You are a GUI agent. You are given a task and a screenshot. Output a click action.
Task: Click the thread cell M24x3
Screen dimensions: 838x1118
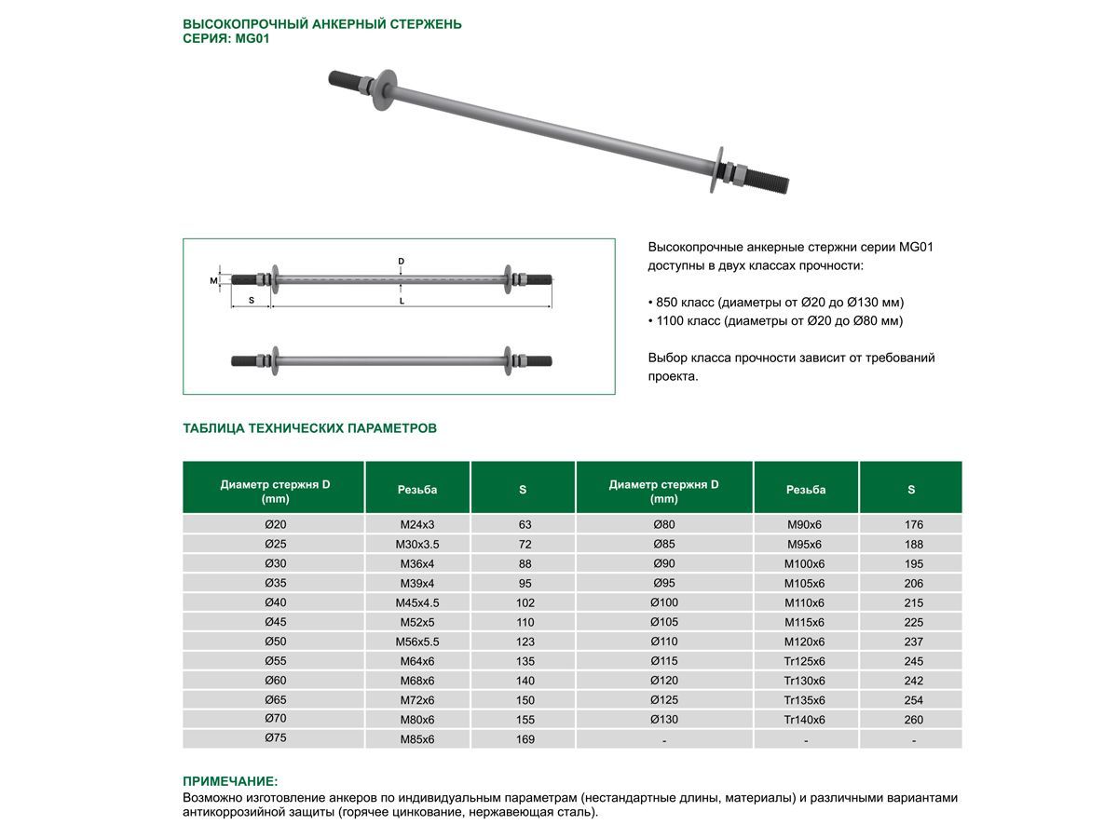point(416,524)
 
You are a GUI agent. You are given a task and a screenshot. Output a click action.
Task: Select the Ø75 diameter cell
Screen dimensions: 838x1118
point(275,738)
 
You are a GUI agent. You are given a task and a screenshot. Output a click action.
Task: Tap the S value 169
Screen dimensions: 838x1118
point(525,739)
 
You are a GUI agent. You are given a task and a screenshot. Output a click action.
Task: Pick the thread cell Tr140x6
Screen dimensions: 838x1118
point(805,720)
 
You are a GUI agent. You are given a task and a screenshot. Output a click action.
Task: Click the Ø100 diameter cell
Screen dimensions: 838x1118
point(664,602)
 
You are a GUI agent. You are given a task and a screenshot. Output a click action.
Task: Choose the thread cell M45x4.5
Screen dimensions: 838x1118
point(416,602)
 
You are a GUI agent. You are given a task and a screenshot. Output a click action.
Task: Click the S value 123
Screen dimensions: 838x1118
point(525,642)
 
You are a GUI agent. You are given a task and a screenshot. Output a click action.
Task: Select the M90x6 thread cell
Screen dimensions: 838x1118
point(805,524)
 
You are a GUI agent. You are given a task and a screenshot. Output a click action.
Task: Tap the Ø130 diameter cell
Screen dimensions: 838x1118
point(664,720)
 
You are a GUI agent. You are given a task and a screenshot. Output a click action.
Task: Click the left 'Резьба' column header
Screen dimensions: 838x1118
point(416,490)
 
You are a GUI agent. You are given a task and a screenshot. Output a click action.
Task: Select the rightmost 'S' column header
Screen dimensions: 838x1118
point(911,490)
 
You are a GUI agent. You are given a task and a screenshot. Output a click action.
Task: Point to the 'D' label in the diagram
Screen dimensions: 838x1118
point(402,262)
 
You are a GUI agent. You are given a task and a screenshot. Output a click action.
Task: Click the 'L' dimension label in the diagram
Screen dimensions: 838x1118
point(402,302)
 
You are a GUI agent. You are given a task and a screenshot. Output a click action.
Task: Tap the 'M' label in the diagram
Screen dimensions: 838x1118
point(213,279)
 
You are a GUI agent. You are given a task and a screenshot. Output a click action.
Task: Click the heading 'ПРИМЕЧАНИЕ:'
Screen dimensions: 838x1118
point(230,781)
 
